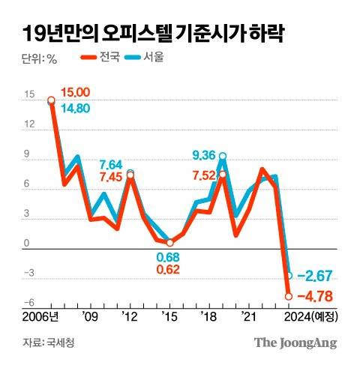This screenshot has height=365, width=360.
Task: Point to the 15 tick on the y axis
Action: (28, 95)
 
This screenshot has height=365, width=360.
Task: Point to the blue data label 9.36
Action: (204, 155)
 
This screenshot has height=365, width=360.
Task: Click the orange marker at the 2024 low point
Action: (289, 297)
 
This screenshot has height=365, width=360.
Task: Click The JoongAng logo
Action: (294, 343)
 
